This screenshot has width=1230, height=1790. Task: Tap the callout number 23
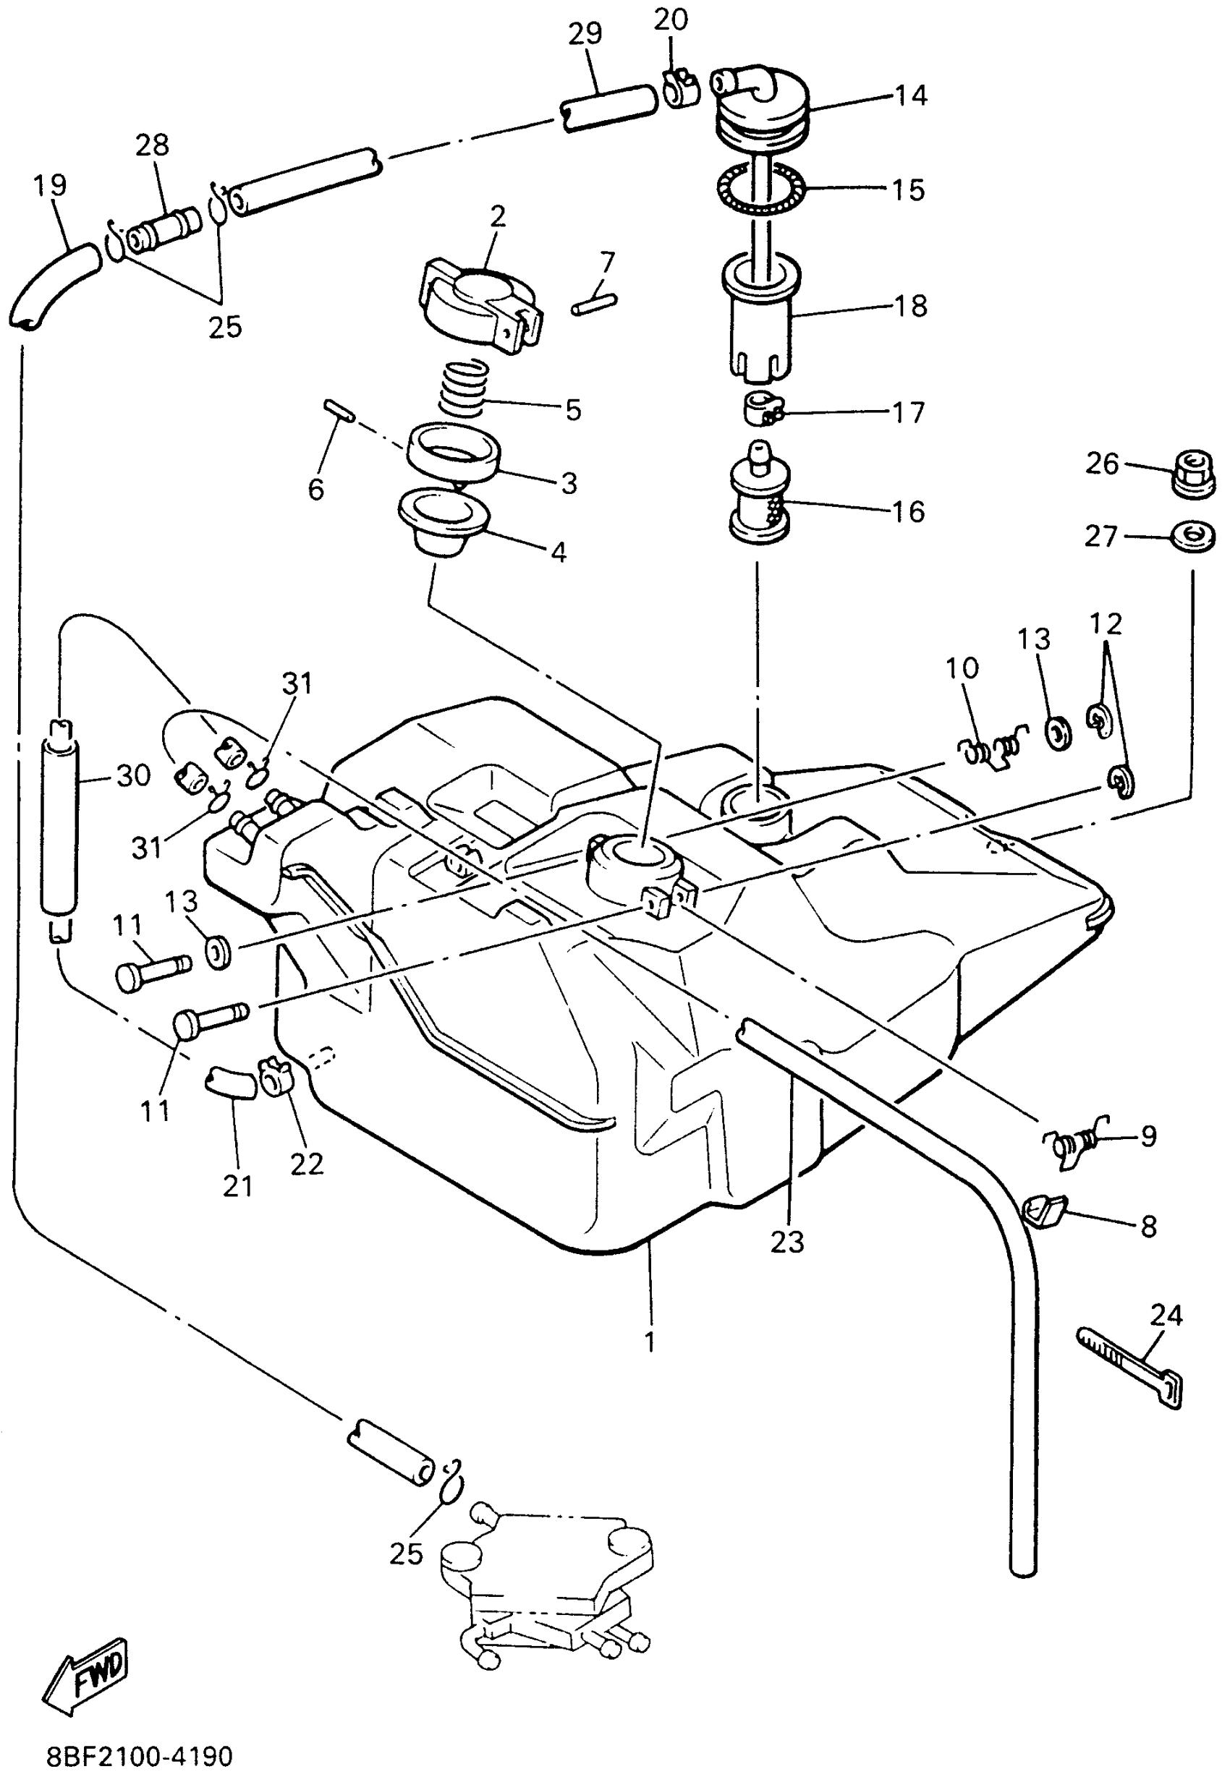(787, 1242)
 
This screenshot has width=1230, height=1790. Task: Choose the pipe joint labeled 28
(164, 229)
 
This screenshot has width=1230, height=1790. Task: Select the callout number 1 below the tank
(650, 1341)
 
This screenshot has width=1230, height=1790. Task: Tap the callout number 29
(585, 34)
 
